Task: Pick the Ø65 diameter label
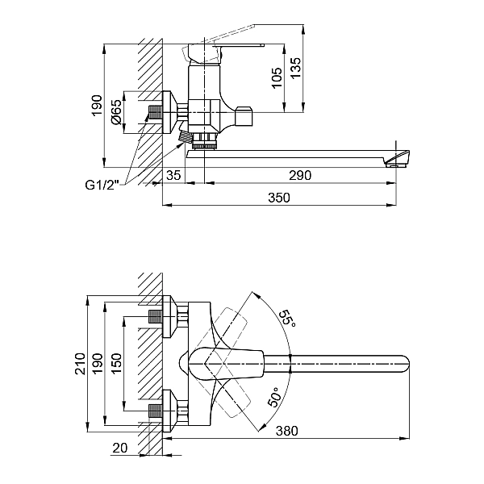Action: pyautogui.click(x=117, y=112)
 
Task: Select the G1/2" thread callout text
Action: pyautogui.click(x=102, y=184)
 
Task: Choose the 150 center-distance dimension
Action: pyautogui.click(x=115, y=363)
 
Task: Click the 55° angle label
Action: pyautogui.click(x=288, y=317)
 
